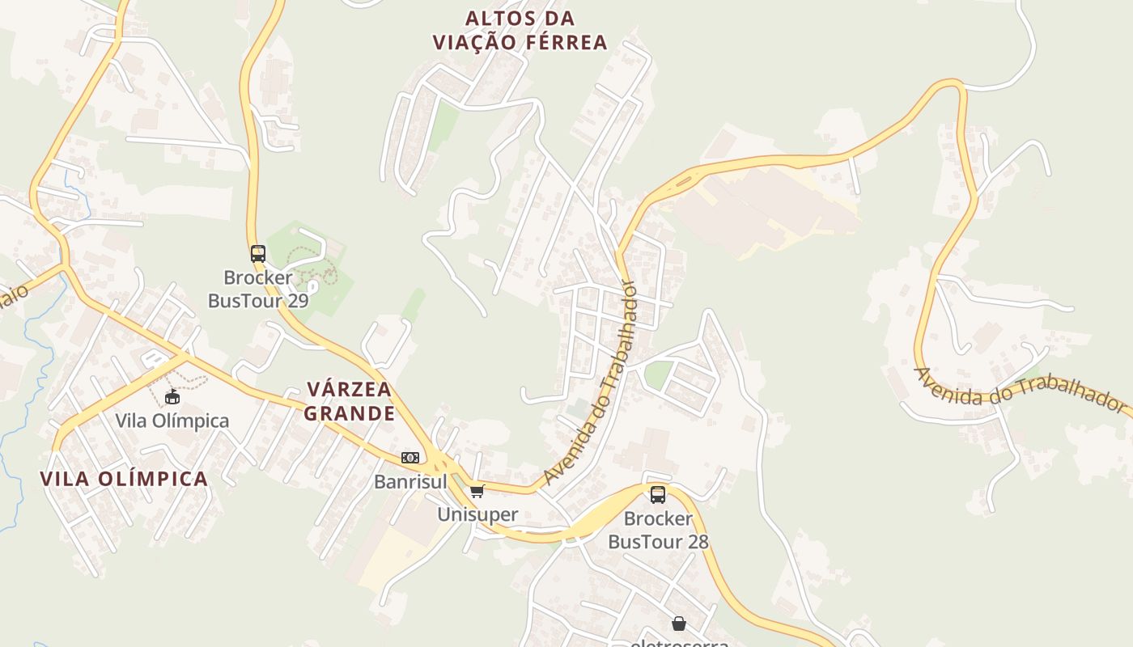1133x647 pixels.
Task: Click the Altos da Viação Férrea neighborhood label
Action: pyautogui.click(x=520, y=30)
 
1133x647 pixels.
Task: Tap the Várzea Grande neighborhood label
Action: pyautogui.click(x=350, y=401)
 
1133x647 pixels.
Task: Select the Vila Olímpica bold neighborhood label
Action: pyautogui.click(x=124, y=478)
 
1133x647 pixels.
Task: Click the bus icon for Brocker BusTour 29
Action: pyautogui.click(x=258, y=253)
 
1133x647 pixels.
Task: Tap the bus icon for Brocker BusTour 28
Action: pyautogui.click(x=658, y=494)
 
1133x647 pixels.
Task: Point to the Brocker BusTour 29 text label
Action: pyautogui.click(x=258, y=289)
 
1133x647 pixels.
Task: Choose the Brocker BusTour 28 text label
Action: pyautogui.click(x=658, y=530)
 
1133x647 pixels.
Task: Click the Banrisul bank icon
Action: pyautogui.click(x=410, y=458)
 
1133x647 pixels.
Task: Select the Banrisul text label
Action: pyautogui.click(x=410, y=481)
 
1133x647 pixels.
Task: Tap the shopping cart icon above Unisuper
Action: pyautogui.click(x=477, y=491)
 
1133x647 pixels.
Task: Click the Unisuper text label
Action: pyautogui.click(x=477, y=514)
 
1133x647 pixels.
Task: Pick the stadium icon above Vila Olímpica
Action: pyautogui.click(x=172, y=396)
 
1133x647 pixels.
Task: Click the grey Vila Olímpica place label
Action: pyautogui.click(x=172, y=421)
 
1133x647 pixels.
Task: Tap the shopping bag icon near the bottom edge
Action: pyautogui.click(x=678, y=624)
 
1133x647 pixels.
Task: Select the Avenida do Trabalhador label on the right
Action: pyautogui.click(x=1020, y=391)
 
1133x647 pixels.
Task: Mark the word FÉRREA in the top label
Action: pyautogui.click(x=555, y=42)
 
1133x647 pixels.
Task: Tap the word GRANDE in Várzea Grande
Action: pyautogui.click(x=350, y=413)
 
